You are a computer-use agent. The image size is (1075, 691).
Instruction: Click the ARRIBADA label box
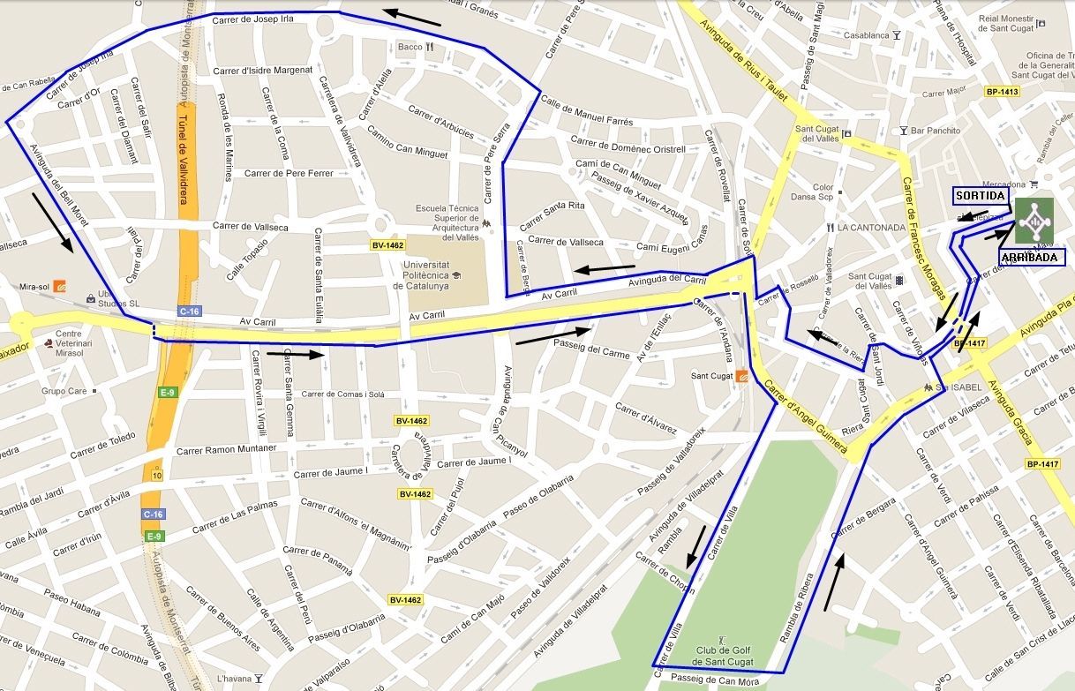pyautogui.click(x=1032, y=257)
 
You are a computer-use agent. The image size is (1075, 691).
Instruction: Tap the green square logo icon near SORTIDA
pyautogui.click(x=1034, y=220)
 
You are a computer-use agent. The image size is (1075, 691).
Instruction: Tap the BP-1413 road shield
pyautogui.click(x=1002, y=92)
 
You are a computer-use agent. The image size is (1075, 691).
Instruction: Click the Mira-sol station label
pyautogui.click(x=33, y=287)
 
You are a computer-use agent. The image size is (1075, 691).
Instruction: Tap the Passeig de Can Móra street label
pyautogui.click(x=714, y=680)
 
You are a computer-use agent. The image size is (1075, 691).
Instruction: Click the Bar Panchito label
pyautogui.click(x=936, y=131)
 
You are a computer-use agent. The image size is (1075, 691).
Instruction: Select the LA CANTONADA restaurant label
pyautogui.click(x=871, y=228)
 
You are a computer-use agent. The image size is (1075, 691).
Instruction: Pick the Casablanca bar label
pyautogui.click(x=866, y=35)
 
